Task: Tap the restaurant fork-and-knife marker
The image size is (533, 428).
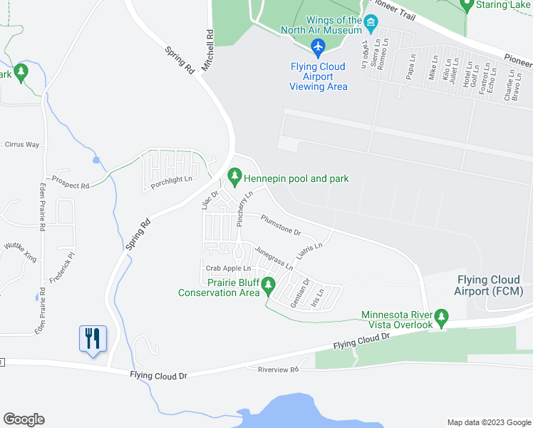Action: tap(93, 337)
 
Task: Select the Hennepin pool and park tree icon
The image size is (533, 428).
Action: tap(234, 175)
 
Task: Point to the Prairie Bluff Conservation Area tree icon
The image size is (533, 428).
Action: tap(268, 286)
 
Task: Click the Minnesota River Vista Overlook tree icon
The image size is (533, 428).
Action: tap(442, 316)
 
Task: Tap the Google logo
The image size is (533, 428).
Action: tap(24, 419)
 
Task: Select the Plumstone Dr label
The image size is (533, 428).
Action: tap(281, 225)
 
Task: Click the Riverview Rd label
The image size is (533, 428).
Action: tap(278, 369)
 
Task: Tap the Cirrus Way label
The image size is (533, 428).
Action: tap(22, 144)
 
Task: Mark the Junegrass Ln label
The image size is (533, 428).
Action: tap(274, 258)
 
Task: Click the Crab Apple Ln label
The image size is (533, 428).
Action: tap(228, 268)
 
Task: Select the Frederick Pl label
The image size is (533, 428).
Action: tap(62, 265)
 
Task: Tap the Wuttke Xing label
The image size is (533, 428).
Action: tap(20, 252)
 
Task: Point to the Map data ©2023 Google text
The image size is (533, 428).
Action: tap(487, 422)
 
